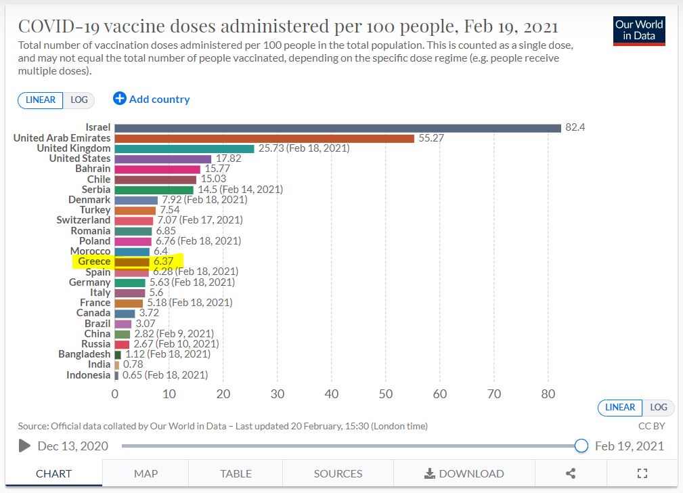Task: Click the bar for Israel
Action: click(338, 128)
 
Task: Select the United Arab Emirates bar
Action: click(264, 138)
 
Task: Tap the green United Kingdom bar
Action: click(184, 148)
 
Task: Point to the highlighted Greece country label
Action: click(94, 261)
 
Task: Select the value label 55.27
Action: click(431, 138)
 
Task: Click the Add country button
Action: click(152, 100)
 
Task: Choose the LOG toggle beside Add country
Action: click(79, 100)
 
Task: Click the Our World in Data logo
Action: click(639, 30)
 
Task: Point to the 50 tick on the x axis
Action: click(386, 393)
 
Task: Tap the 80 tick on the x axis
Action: click(548, 393)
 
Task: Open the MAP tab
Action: click(146, 473)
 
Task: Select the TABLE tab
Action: click(236, 473)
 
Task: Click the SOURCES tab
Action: click(338, 473)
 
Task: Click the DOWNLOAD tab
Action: click(464, 473)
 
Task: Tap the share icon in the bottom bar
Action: click(570, 473)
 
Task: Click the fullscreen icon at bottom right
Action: click(642, 473)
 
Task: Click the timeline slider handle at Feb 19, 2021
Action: click(581, 446)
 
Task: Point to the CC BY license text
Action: click(651, 426)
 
